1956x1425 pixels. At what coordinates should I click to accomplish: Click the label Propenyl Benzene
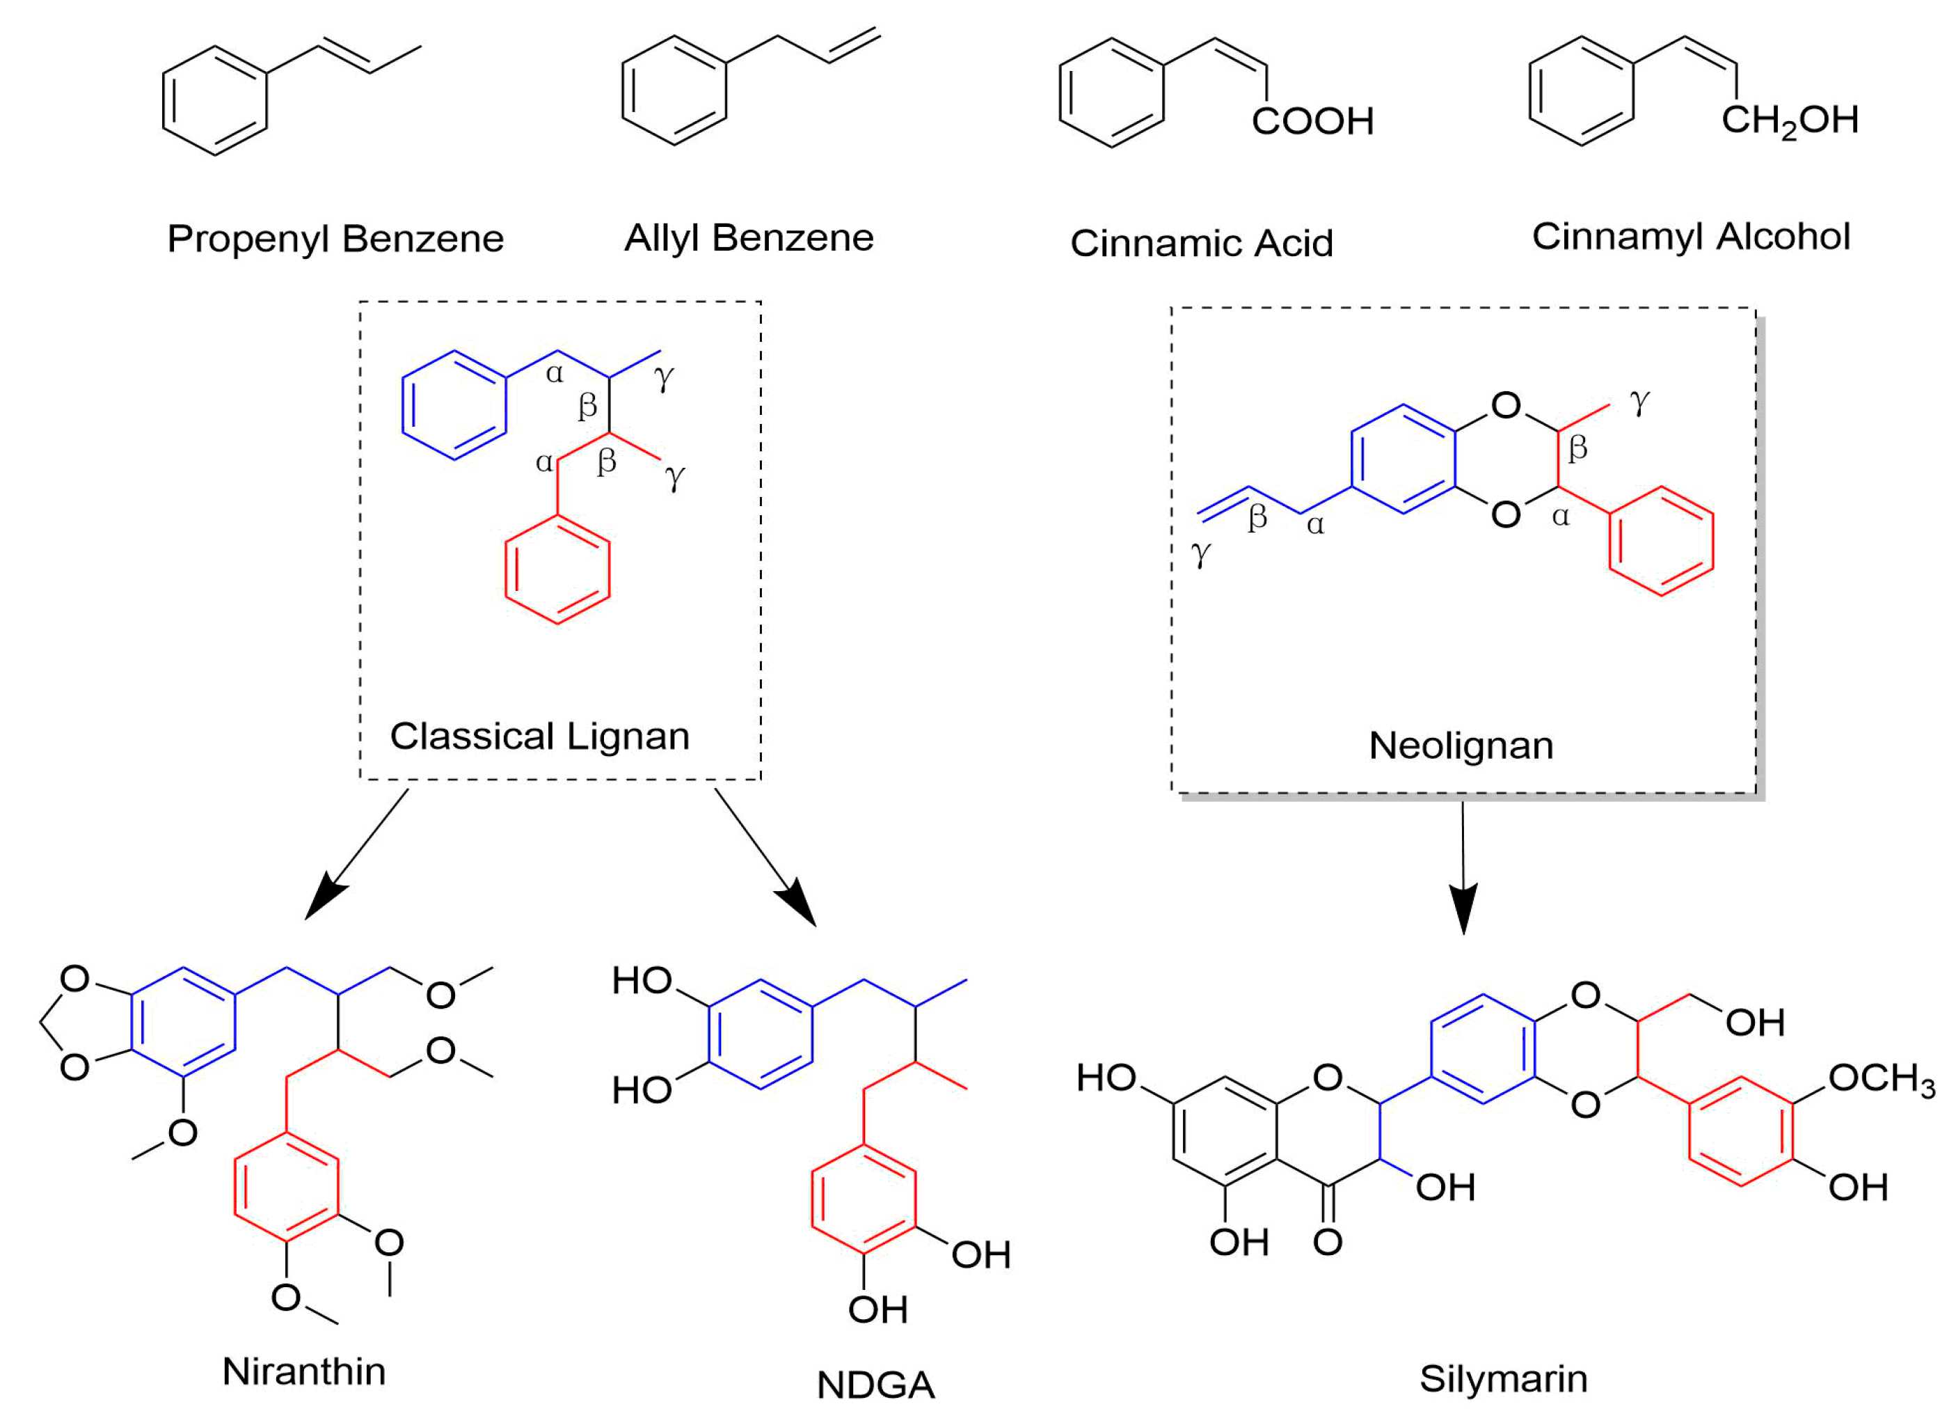[335, 239]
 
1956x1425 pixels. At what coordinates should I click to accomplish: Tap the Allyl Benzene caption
[749, 238]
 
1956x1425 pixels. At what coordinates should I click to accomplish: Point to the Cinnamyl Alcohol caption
[1690, 237]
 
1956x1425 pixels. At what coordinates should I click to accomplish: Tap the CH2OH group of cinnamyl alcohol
[1790, 120]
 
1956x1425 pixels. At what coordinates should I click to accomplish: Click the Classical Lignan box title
[540, 737]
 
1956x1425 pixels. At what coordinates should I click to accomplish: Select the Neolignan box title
[1461, 746]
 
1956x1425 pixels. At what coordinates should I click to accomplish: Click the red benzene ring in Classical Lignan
[557, 569]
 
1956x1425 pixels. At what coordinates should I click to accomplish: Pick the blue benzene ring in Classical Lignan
[454, 405]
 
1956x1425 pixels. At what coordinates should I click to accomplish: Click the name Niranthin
[303, 1371]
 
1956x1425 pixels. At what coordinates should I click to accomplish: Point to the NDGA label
[875, 1385]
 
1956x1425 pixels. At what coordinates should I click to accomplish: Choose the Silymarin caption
[1503, 1378]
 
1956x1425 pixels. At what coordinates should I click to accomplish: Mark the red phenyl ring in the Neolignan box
[1661, 541]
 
